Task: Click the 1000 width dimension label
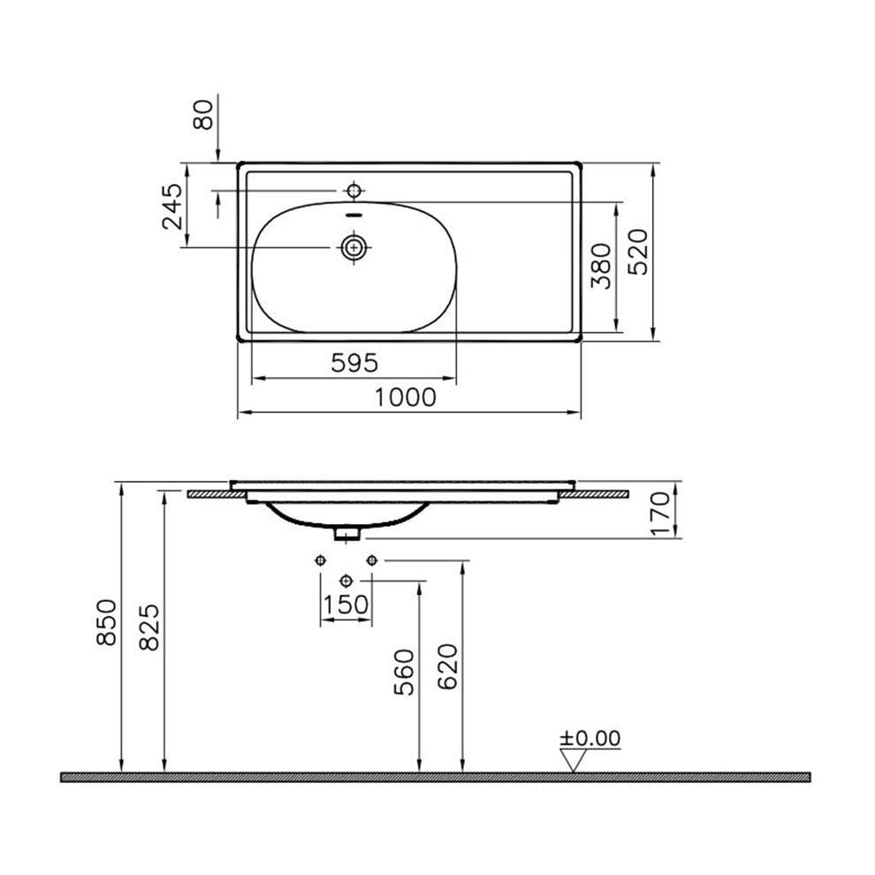pos(405,398)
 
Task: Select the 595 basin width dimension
pos(354,362)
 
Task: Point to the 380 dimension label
pos(602,267)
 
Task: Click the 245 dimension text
pos(171,206)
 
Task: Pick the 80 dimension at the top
pos(204,115)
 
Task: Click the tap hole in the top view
pos(354,190)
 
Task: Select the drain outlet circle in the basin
pos(354,248)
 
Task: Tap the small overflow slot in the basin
pos(354,215)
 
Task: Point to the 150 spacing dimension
pos(346,605)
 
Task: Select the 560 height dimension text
pos(404,672)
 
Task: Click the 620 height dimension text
pos(448,667)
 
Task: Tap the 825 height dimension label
pos(149,628)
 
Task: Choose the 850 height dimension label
pos(105,622)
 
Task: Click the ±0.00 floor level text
pos(590,738)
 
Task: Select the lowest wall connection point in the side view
pos(346,580)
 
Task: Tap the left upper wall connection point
pos(320,559)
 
